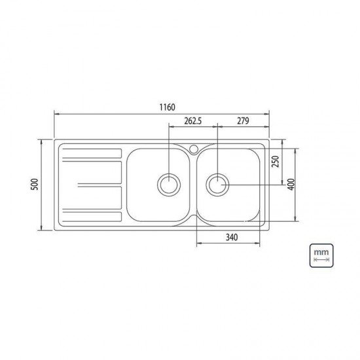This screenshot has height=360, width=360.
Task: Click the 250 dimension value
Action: (276, 160)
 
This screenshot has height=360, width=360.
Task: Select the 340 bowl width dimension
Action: (229, 237)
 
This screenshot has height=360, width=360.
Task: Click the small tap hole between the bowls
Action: (194, 148)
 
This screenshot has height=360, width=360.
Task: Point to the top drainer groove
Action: (91, 154)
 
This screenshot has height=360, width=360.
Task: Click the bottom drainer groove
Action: (91, 217)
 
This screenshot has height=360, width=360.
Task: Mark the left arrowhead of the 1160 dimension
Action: (55, 114)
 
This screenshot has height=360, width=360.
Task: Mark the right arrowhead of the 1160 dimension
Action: (268, 114)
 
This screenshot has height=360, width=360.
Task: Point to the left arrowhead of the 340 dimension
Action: (198, 244)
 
